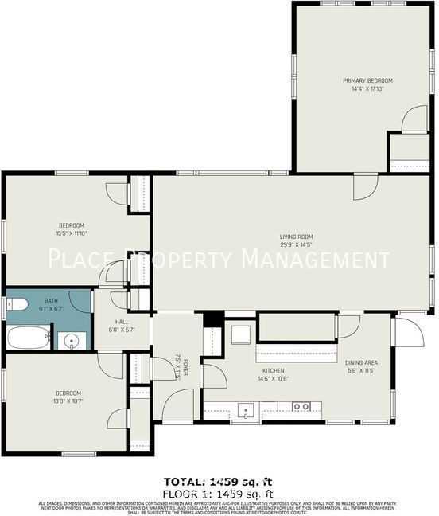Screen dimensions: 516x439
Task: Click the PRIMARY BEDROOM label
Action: [367, 80]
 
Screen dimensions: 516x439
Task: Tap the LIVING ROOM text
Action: [295, 236]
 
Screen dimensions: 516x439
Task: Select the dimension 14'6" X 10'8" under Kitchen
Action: [274, 380]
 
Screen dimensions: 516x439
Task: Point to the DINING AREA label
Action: [360, 361]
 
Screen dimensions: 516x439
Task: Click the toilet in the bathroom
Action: [15, 303]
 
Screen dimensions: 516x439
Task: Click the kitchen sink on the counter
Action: [247, 411]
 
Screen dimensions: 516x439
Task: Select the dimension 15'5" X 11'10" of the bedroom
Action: [71, 234]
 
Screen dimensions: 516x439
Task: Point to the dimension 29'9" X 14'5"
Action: [295, 245]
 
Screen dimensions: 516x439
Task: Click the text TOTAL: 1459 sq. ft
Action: [217, 481]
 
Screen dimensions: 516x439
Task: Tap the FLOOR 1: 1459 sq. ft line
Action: [217, 493]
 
